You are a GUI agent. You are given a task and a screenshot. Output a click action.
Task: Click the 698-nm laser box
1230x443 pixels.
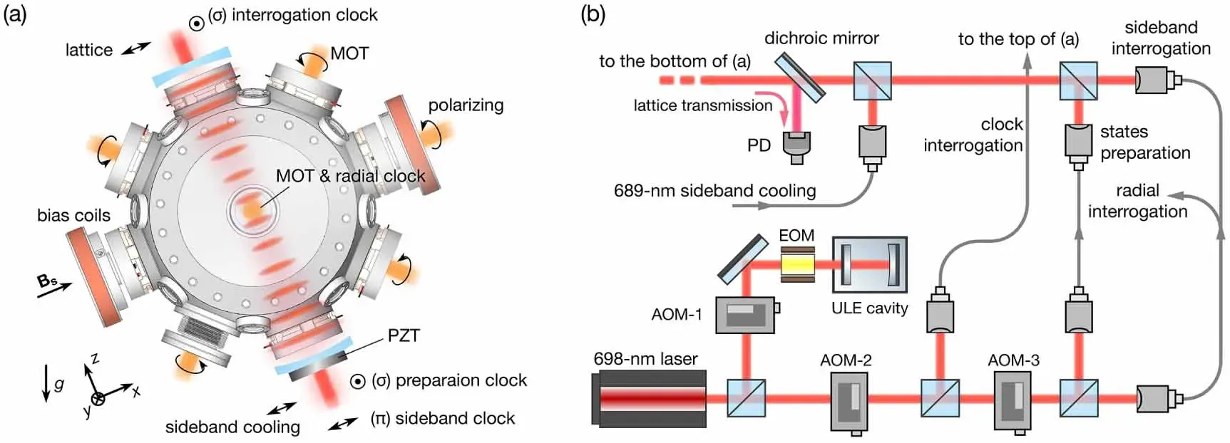649,397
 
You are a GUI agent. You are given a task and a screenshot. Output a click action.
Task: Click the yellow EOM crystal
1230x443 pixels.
797,264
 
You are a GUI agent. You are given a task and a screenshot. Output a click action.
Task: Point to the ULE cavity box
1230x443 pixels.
870,265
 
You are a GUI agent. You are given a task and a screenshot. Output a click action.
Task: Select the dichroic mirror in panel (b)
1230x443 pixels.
799,76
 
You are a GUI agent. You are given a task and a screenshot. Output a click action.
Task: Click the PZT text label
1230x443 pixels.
404,335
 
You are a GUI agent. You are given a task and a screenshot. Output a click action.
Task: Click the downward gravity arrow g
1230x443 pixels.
46,382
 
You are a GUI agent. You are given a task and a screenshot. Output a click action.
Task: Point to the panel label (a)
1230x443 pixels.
15,14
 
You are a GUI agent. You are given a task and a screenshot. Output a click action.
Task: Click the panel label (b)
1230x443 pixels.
593,14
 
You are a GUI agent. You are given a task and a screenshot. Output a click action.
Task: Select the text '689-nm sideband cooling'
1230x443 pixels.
714,191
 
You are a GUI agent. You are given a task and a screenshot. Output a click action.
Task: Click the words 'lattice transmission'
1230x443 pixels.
702,105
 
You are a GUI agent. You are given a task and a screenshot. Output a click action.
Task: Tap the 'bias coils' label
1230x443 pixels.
73,215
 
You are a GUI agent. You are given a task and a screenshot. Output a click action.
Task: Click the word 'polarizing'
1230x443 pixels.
466,105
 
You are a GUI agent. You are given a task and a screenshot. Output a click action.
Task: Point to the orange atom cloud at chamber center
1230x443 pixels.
250,210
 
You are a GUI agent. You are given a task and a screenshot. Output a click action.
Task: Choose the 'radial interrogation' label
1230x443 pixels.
1137,201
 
